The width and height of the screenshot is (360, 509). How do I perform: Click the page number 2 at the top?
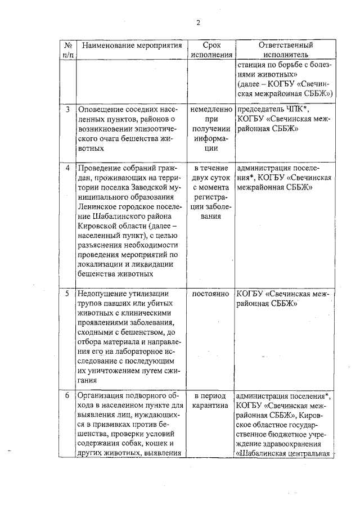click(x=198, y=22)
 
